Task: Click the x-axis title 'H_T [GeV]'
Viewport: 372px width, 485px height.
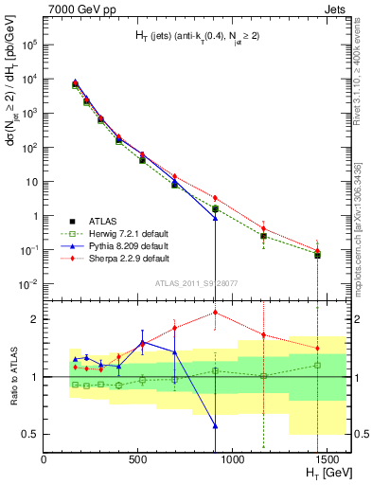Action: tap(323, 474)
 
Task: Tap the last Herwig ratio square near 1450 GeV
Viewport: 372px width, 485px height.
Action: tap(318, 365)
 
